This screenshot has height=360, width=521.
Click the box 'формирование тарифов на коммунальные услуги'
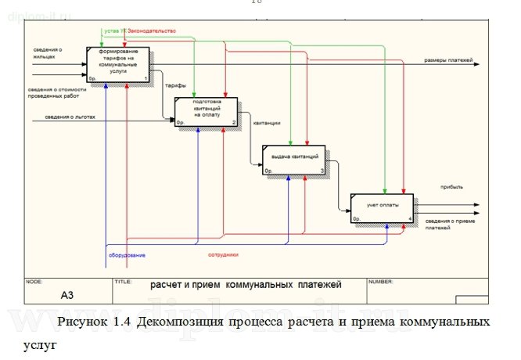pyautogui.click(x=119, y=65)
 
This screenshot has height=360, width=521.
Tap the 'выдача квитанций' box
pyautogui.click(x=294, y=160)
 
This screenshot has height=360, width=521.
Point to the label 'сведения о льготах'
pyautogui.click(x=58, y=118)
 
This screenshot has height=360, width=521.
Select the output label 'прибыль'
pyautogui.click(x=452, y=187)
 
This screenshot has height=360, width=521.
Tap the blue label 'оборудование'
pyautogui.click(x=126, y=255)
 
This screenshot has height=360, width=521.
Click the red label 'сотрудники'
pyautogui.click(x=223, y=255)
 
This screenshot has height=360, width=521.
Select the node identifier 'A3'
pyautogui.click(x=70, y=296)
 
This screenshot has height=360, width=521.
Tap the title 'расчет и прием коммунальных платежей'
pyautogui.click(x=237, y=286)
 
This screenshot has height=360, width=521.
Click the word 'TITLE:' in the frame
pyautogui.click(x=123, y=280)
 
